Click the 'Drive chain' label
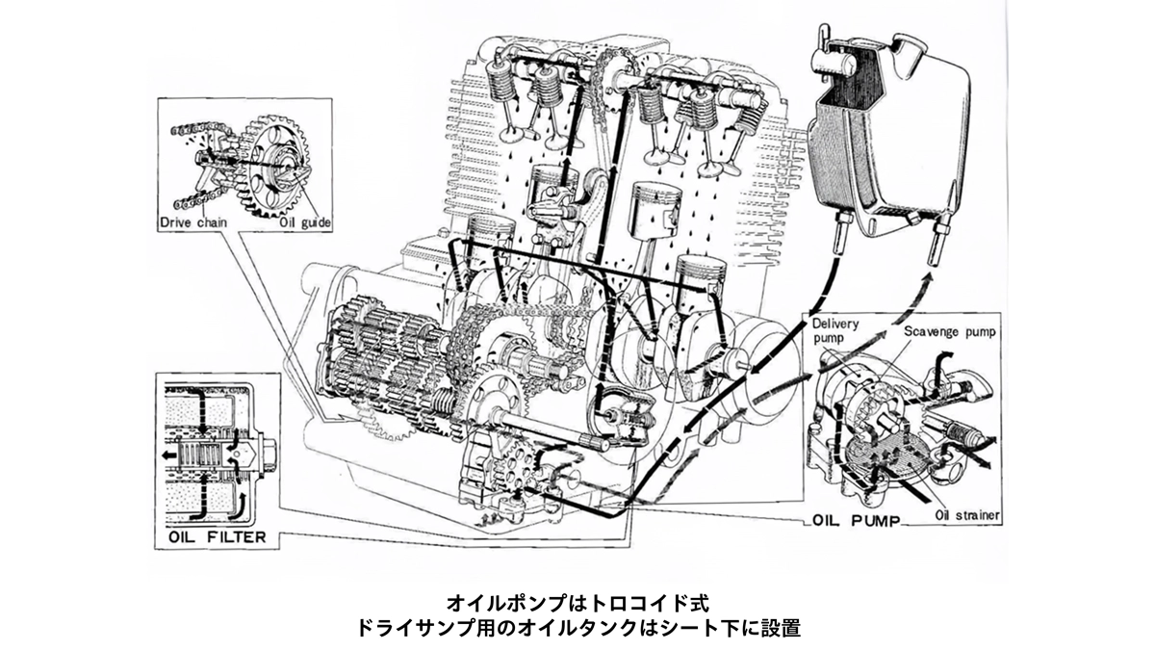194,222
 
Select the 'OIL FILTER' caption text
216,535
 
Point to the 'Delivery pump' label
835,331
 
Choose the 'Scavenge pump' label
950,332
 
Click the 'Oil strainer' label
967,515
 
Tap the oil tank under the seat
885,135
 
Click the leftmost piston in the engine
489,236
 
